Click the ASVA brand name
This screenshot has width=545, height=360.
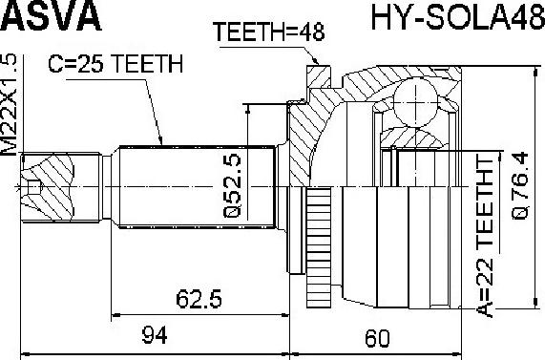(52, 15)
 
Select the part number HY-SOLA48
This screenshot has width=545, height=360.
(458, 15)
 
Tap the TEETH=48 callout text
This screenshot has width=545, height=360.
(268, 32)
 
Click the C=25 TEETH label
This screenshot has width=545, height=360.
(115, 64)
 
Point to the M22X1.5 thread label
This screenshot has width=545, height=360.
(9, 105)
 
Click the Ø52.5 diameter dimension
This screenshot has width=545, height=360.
(232, 185)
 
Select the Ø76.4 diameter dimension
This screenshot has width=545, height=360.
(520, 186)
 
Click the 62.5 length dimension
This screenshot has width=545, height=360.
(199, 299)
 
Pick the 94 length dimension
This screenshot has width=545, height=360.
(155, 335)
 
